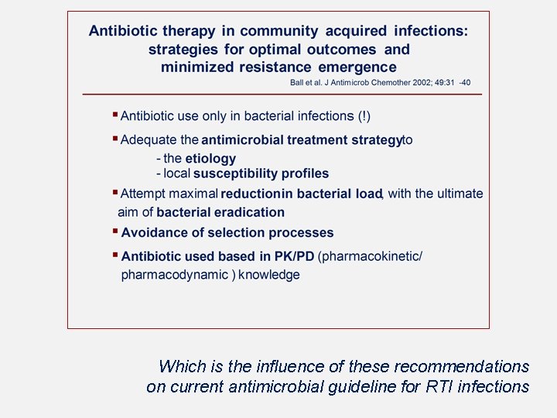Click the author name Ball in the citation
tap(298, 82)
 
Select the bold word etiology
tap(211, 158)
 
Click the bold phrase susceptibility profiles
tap(261, 173)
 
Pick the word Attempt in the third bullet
tap(143, 194)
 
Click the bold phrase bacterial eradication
tap(220, 212)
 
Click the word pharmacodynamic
tap(175, 275)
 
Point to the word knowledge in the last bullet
tap(269, 275)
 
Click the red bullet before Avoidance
tap(114, 231)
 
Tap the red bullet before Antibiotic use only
tap(114, 115)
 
